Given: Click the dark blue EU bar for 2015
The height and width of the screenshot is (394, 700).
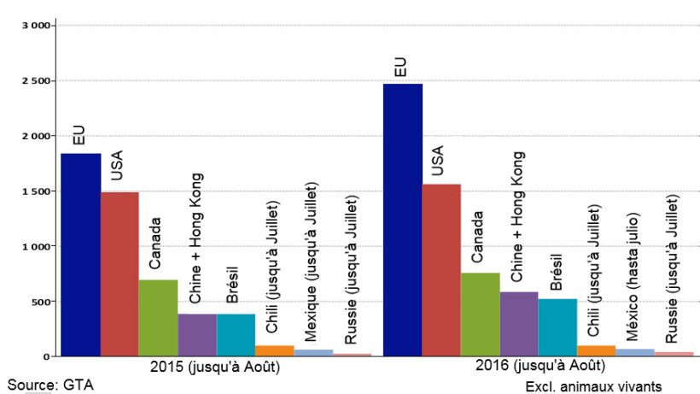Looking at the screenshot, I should pyautogui.click(x=80, y=255).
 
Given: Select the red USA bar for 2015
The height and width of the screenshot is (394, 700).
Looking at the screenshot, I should pyautogui.click(x=120, y=273).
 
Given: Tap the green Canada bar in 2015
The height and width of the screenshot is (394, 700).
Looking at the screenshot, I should pyautogui.click(x=158, y=317).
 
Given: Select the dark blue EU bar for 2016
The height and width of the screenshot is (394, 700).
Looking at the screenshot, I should pyautogui.click(x=403, y=220).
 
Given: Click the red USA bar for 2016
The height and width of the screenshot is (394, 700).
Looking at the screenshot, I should pyautogui.click(x=441, y=270).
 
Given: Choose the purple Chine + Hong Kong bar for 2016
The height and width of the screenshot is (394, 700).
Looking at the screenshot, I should pyautogui.click(x=519, y=324).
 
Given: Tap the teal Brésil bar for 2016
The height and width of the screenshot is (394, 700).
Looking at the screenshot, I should pyautogui.click(x=557, y=327).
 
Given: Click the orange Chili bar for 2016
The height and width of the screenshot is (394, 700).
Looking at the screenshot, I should pyautogui.click(x=596, y=350).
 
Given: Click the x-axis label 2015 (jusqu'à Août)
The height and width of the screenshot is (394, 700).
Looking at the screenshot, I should pyautogui.click(x=215, y=367).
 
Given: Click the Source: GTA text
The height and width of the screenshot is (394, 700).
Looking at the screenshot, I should pyautogui.click(x=50, y=385).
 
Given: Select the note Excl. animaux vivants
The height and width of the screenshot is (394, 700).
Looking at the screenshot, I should pyautogui.click(x=593, y=386).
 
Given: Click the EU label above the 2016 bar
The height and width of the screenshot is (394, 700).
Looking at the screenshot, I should pyautogui.click(x=400, y=68).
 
